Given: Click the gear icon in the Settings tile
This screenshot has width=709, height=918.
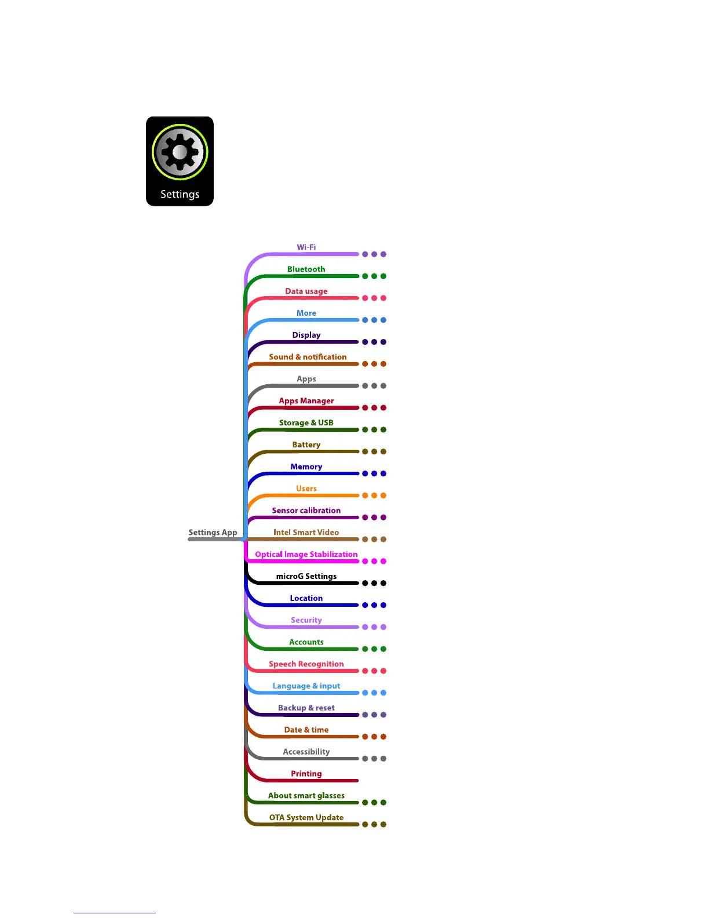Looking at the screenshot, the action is pos(180,152).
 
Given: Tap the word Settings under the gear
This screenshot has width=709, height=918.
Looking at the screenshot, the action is pos(180,194).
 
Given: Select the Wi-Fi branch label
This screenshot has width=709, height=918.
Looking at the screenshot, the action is pos(306,247).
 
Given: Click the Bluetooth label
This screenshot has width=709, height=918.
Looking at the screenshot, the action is pos(306,269).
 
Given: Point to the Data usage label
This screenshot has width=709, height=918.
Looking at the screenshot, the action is pos(306,292).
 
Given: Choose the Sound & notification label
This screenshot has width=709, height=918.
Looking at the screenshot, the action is pos(308,357).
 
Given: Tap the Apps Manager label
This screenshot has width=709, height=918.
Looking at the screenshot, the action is pos(306,401).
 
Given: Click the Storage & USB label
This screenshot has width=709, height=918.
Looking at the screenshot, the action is pos(306,423).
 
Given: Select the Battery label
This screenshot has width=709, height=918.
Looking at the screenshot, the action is pos(306,445).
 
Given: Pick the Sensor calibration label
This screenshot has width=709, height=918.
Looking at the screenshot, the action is pos(306,511).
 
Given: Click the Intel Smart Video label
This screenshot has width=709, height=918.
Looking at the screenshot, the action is pos(306,533).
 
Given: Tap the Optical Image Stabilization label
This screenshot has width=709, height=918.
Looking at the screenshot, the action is pos(306,555).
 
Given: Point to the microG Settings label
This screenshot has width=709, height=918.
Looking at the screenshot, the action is pos(306,577).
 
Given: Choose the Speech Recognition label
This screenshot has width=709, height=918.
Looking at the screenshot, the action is pos(306,664).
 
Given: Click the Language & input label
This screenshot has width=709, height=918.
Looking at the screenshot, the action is pos(306,686).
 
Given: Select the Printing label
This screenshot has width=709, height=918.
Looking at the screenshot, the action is pos(306,774).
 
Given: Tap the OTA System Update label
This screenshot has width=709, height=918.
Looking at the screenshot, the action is pos(306,818).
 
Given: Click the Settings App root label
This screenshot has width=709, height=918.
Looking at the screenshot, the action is pos(213,533).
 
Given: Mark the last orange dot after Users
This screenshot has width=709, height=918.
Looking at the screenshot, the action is pos(383,496).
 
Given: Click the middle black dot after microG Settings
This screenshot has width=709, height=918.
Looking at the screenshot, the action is pos(374,583).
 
